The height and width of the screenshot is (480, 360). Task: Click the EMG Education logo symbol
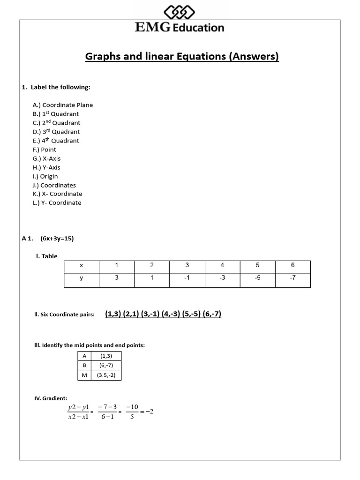pos(179,12)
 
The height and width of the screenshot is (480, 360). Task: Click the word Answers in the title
pos(253,57)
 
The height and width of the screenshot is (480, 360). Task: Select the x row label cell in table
pos(81,265)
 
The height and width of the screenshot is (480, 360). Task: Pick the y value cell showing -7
pos(292,278)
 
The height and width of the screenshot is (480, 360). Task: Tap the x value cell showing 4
pos(222,265)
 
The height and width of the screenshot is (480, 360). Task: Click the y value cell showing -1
pos(187,278)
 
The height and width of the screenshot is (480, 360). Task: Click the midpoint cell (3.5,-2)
pos(106,375)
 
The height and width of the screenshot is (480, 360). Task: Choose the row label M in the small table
pos(84,375)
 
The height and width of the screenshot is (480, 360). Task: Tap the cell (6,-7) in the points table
pos(106,365)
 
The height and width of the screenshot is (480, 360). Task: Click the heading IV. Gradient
pos(51,398)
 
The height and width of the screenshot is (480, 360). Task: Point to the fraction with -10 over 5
pos(132,412)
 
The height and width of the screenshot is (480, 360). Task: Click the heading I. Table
pos(47,256)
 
